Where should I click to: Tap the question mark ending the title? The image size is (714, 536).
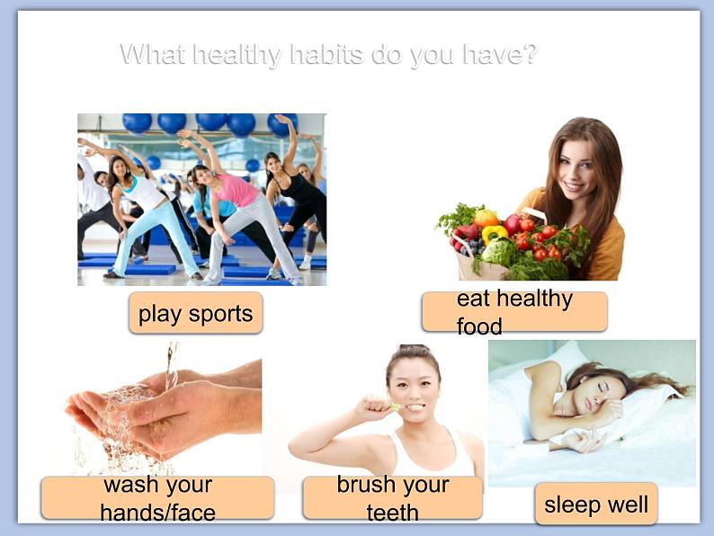click(529, 54)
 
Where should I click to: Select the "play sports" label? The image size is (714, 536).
click(195, 313)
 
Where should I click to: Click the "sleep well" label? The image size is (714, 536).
click(596, 505)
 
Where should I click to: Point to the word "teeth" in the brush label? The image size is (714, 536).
click(392, 513)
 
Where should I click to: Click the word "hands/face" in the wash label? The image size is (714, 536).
click(157, 513)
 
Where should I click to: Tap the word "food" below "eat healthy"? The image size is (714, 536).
click(479, 326)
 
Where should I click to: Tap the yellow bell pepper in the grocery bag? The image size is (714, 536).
click(494, 233)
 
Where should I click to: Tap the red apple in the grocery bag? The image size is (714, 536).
click(512, 224)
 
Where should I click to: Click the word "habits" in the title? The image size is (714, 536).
click(326, 54)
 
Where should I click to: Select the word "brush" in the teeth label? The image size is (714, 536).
click(362, 484)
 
